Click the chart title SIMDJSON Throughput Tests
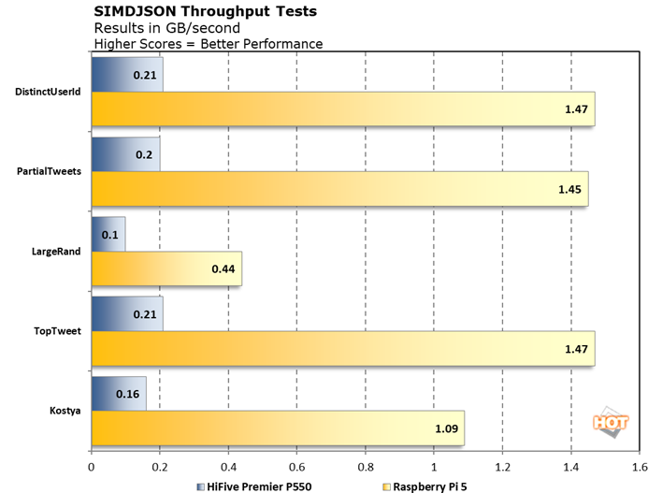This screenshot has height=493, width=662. pyautogui.click(x=205, y=11)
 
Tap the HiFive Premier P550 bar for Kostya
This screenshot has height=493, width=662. pyautogui.click(x=119, y=394)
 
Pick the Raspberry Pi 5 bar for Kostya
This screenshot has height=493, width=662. pyautogui.click(x=278, y=428)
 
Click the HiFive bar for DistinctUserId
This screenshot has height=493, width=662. pyautogui.click(x=127, y=75)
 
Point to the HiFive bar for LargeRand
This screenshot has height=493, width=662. pyautogui.click(x=108, y=234)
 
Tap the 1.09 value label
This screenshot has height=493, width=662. pyautogui.click(x=446, y=428)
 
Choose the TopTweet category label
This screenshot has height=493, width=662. pyautogui.click(x=60, y=331)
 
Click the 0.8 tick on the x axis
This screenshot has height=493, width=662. pyautogui.click(x=366, y=465)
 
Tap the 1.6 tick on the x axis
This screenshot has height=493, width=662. pyautogui.click(x=640, y=465)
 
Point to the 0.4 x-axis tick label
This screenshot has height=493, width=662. pyautogui.click(x=228, y=465)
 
